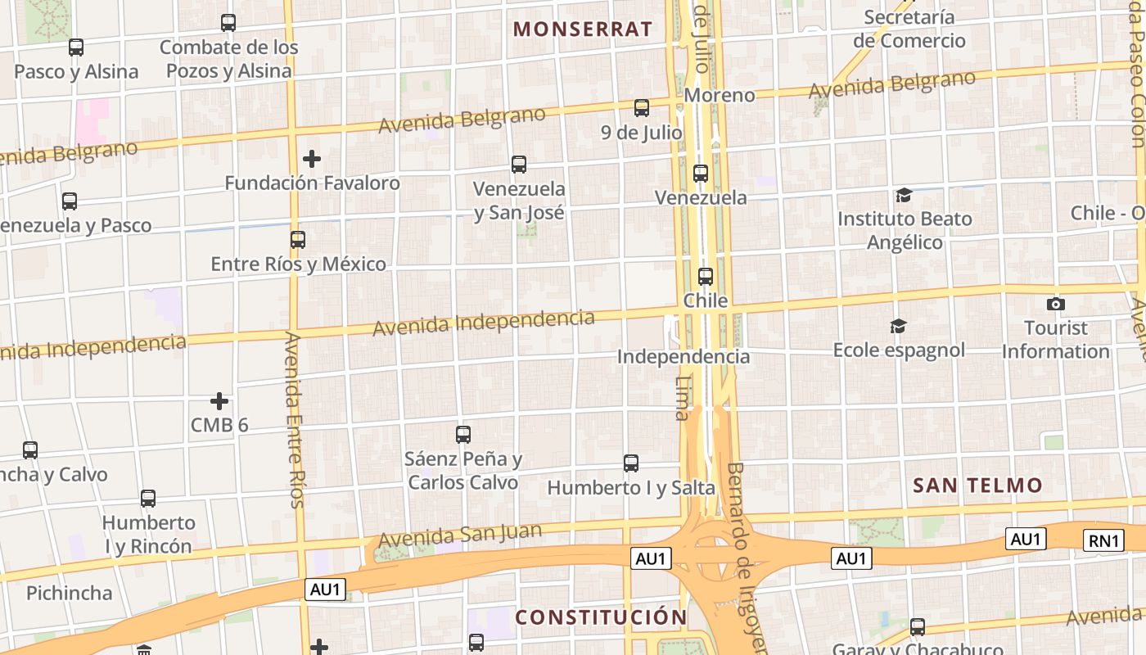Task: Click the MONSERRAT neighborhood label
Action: (583, 29)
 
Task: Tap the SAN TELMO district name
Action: (977, 486)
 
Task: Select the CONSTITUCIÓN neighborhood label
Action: (601, 617)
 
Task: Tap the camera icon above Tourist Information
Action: (1056, 305)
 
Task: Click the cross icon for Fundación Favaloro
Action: (312, 159)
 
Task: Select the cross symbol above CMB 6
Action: (219, 401)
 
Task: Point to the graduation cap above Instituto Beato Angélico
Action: (904, 195)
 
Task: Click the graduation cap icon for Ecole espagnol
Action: (898, 327)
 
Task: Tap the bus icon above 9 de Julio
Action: (642, 108)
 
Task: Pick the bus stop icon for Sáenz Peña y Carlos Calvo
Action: (463, 435)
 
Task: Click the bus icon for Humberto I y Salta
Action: (631, 463)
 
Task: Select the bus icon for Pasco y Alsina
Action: (76, 47)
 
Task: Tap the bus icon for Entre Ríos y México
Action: (298, 240)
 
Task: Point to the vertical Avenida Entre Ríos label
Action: (295, 419)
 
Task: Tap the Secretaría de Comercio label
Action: (909, 29)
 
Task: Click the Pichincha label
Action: (69, 593)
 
